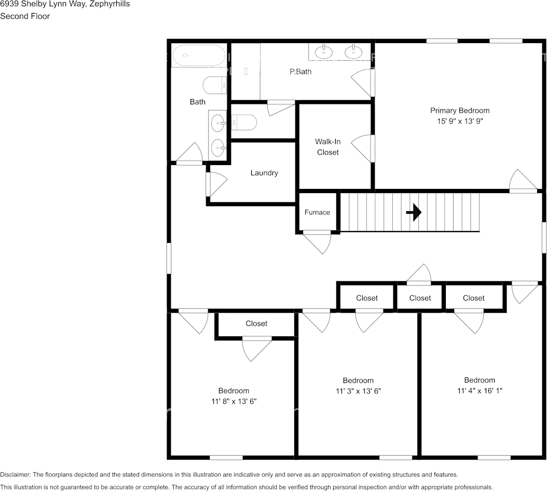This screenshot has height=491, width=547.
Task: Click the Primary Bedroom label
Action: (459, 111)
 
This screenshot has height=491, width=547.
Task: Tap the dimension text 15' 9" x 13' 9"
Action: (460, 121)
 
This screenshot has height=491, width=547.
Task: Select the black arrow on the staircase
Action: (414, 212)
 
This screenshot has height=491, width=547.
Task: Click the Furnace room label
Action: (317, 212)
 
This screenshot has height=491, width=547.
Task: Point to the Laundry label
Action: (264, 173)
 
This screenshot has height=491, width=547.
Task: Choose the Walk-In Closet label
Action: (327, 147)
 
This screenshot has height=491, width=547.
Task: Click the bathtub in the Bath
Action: (198, 55)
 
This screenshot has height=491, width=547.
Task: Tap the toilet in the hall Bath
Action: (214, 85)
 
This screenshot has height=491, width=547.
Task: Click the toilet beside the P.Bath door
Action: (244, 122)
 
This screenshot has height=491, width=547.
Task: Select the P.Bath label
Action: (300, 72)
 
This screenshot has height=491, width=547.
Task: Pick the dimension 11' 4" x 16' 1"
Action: (480, 391)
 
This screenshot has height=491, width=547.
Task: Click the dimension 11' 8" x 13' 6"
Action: (234, 401)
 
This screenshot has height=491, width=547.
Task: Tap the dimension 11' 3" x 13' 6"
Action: (358, 391)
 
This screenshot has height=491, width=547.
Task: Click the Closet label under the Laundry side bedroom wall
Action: (256, 323)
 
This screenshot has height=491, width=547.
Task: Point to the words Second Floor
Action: (25, 17)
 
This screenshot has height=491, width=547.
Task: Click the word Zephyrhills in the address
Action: (110, 4)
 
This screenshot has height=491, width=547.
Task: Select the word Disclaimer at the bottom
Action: (16, 474)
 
